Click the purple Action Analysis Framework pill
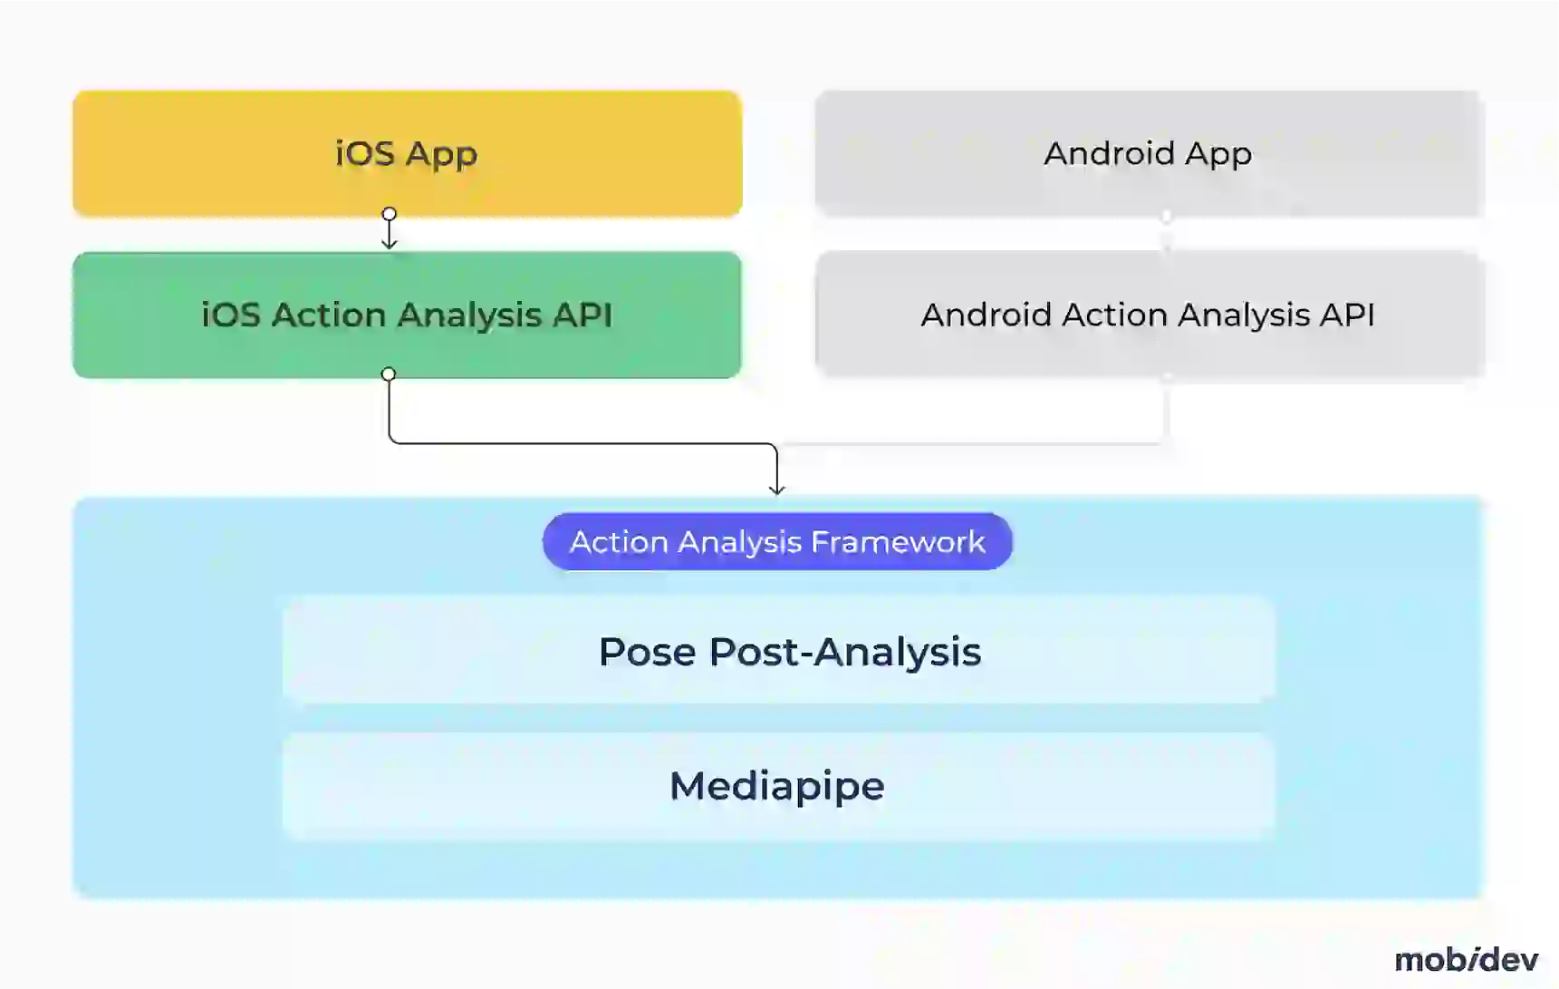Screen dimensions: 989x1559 point(777,541)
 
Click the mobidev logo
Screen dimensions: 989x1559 point(1466,959)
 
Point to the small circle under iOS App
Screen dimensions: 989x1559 point(390,215)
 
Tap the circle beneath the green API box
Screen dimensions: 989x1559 point(389,374)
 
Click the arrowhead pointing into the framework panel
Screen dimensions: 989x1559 point(776,490)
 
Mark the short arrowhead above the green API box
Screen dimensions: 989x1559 point(390,243)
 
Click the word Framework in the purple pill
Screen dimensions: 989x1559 point(898,541)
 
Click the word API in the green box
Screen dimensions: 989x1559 point(582,315)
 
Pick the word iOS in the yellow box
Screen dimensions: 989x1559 point(365,153)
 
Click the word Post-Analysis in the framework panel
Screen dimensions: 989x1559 point(844,652)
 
